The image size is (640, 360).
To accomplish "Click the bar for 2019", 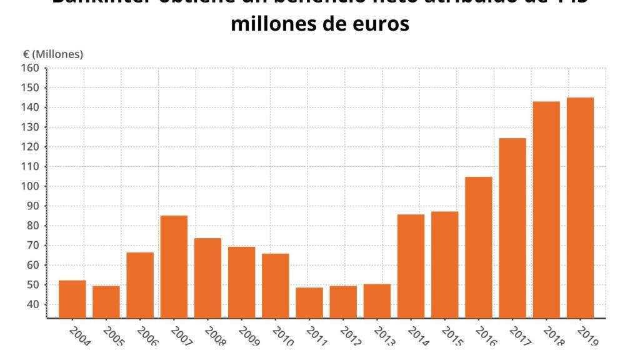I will click(580, 207).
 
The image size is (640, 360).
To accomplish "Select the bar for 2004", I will click(72, 299).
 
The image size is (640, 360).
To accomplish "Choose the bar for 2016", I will click(479, 247).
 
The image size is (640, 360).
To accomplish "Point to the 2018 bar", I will click(546, 209).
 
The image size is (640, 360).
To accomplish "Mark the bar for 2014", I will click(411, 266).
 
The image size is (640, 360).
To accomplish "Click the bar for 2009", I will click(241, 282).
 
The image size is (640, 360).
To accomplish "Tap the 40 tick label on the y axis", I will click(32, 304).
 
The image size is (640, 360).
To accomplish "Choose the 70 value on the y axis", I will click(32, 246).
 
